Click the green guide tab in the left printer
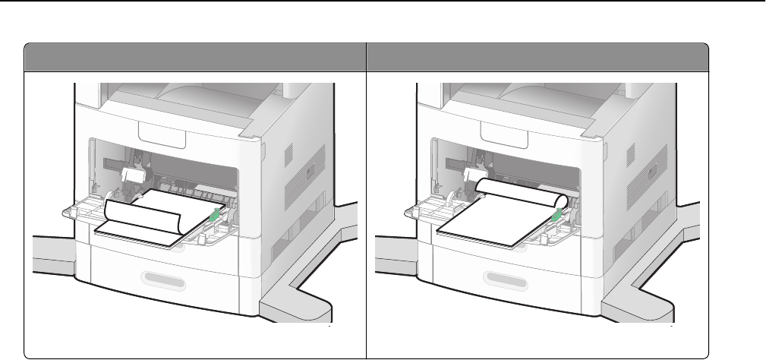pyautogui.click(x=216, y=216)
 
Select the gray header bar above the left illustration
pyautogui.click(x=194, y=57)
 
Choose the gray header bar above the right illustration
pyautogui.click(x=537, y=57)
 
